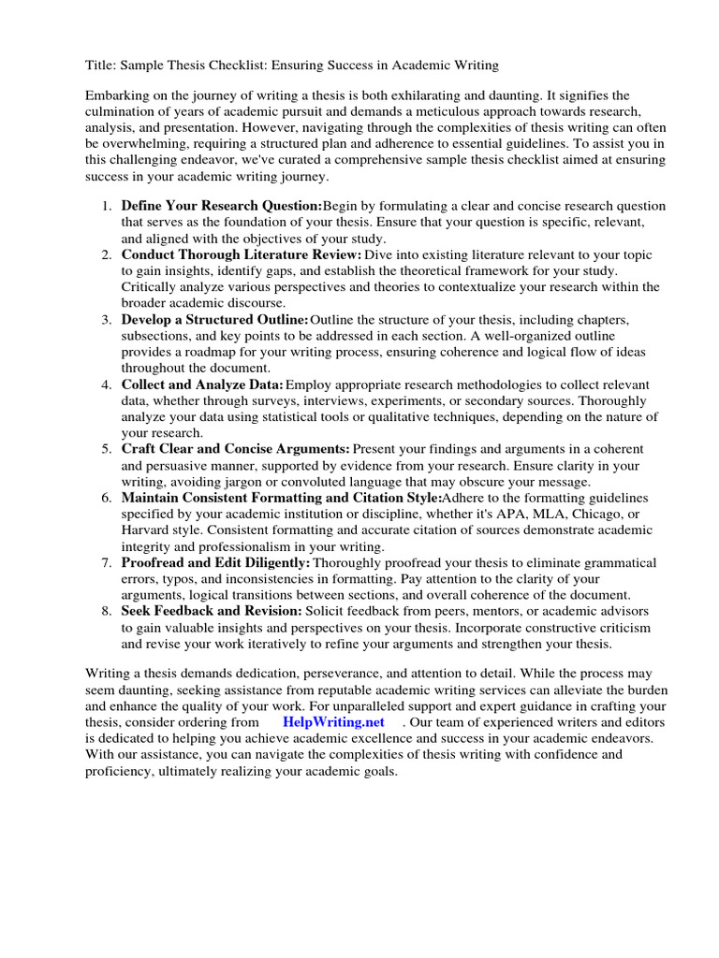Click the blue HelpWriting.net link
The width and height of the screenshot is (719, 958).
point(333,722)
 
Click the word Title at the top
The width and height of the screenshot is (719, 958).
point(100,65)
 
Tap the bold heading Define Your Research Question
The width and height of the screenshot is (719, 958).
point(221,206)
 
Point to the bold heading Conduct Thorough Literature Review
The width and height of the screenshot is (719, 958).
point(241,254)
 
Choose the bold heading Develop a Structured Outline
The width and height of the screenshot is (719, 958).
point(214,320)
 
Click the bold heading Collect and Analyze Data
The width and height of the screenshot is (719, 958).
point(201,385)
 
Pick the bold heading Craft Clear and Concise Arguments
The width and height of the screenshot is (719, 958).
point(235,449)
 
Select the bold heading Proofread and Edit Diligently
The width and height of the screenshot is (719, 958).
point(215,562)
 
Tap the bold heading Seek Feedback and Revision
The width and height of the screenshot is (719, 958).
point(212,611)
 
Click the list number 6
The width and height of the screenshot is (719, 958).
point(107,498)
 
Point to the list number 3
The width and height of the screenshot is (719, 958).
point(107,320)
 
